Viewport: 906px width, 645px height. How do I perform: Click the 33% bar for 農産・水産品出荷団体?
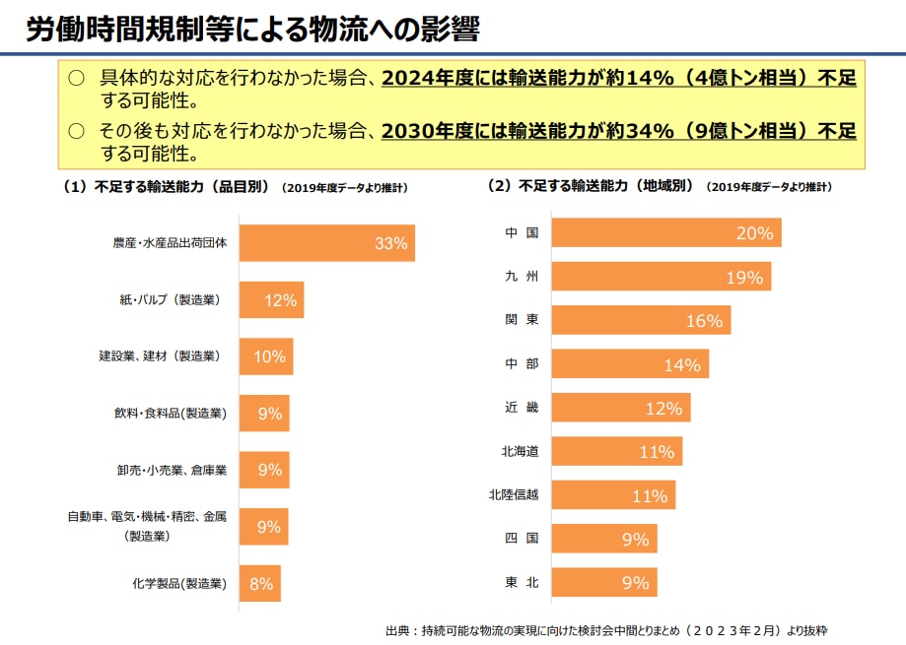(x=326, y=243)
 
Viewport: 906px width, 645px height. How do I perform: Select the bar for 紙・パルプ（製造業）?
(x=271, y=300)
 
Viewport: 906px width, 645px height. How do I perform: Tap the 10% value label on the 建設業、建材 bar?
(x=269, y=356)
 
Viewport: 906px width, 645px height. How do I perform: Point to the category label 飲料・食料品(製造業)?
(x=171, y=414)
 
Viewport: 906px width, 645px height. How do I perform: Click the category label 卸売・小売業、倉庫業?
(x=173, y=471)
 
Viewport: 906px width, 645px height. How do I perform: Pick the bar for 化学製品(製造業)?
(x=260, y=583)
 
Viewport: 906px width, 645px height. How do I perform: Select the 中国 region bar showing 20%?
(x=666, y=232)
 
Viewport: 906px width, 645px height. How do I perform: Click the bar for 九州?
(x=661, y=277)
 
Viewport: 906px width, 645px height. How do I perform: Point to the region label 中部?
(x=522, y=364)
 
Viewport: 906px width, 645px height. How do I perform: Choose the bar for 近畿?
(x=621, y=408)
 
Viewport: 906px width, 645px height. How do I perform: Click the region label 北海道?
(x=521, y=451)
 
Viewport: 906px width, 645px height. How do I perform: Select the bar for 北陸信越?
(x=613, y=495)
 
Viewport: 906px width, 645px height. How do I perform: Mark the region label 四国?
(x=522, y=539)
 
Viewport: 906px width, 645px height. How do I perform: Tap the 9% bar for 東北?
(x=604, y=582)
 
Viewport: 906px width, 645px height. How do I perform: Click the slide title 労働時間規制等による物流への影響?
(x=252, y=30)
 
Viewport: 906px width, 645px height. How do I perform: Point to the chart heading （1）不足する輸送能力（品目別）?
(x=167, y=186)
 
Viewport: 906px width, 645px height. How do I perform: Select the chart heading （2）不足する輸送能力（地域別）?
(x=592, y=185)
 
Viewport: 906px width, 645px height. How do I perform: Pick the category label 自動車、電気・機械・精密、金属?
(x=148, y=516)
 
